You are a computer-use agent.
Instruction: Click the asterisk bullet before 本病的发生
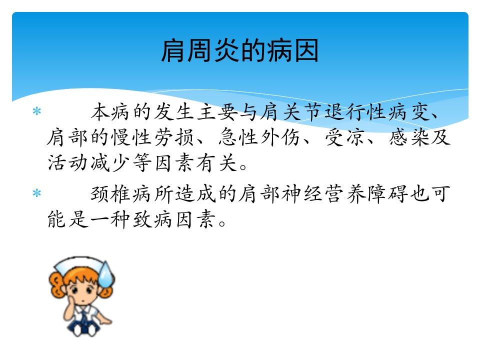[36, 111]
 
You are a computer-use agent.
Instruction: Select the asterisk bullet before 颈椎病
[36, 193]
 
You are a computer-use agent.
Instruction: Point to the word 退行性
[355, 111]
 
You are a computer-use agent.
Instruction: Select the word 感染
[409, 137]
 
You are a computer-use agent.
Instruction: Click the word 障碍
[388, 194]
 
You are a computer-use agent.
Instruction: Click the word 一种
[110, 219]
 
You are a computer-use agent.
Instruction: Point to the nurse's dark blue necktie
[84, 318]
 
